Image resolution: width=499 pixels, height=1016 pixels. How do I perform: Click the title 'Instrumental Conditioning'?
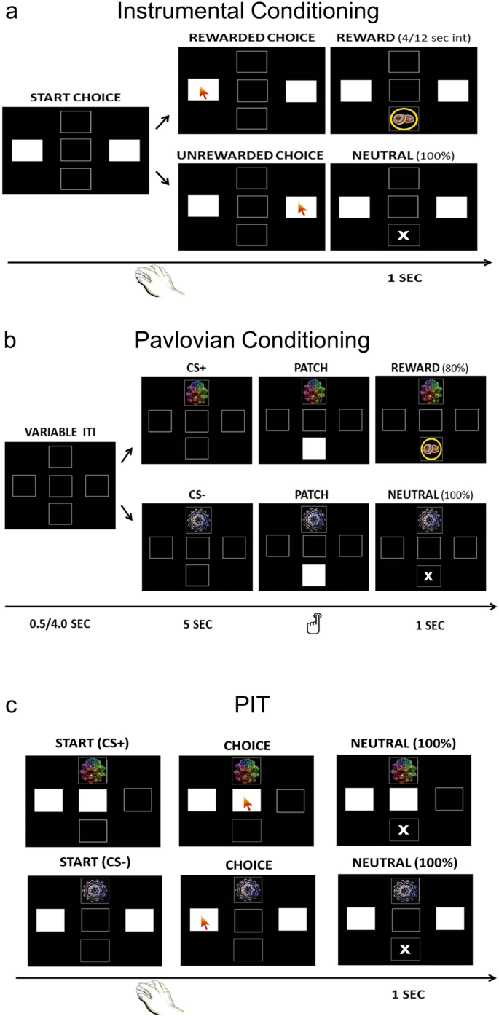248,12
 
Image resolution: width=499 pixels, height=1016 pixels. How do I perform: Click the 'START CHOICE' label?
75,98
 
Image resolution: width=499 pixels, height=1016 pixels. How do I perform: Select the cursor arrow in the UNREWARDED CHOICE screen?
302,209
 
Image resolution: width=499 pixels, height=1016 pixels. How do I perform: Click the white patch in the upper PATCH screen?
315,449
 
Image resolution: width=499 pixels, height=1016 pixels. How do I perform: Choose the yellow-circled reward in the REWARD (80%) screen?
431,450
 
